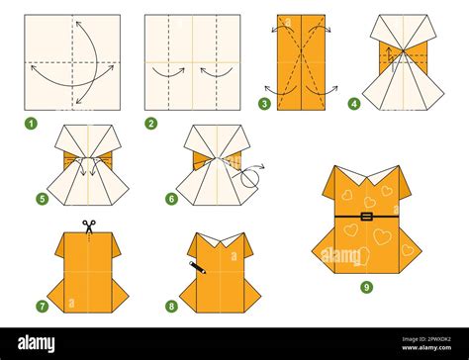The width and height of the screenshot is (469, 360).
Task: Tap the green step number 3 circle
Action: click(x=265, y=103)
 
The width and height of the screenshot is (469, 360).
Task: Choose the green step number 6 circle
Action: click(x=170, y=199)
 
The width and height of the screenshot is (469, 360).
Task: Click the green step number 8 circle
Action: click(x=171, y=306)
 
